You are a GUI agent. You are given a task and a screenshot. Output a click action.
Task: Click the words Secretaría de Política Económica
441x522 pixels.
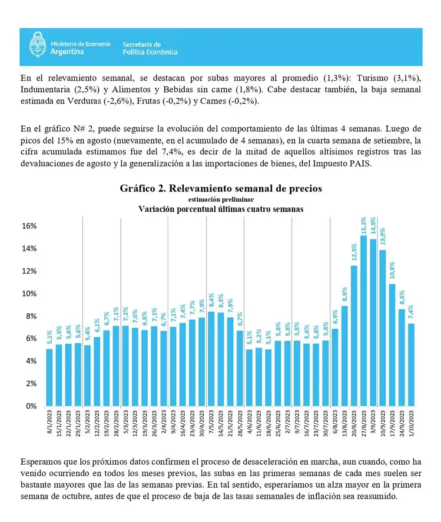pos(150,48)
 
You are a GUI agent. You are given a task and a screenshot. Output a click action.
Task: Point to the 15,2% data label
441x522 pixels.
pos(364,225)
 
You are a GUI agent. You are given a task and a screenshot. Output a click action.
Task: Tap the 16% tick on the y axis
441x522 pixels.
pos(30,226)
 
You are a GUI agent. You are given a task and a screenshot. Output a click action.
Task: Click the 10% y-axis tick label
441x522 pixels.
pos(30,294)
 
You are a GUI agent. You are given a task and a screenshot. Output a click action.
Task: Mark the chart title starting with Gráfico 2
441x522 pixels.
pos(221,188)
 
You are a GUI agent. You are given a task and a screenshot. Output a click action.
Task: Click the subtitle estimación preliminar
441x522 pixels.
pos(221,199)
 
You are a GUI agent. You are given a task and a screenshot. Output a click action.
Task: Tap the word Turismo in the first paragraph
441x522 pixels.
pos(372,78)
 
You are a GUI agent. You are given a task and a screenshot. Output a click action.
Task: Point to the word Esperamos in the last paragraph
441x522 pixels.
pos(40,462)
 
